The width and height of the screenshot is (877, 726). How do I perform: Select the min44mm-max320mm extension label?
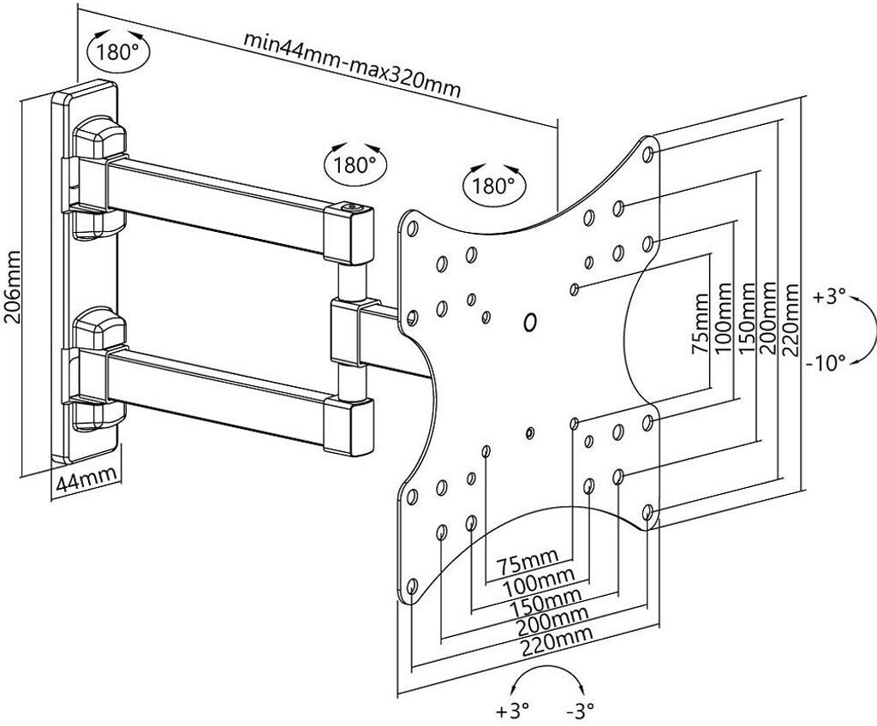(x=352, y=62)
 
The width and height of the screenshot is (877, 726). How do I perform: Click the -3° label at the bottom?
(x=580, y=710)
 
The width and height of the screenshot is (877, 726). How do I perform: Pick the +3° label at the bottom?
(x=512, y=710)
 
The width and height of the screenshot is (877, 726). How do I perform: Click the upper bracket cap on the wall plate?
(x=98, y=137)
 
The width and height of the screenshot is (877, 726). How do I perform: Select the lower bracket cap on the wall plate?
(x=98, y=327)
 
